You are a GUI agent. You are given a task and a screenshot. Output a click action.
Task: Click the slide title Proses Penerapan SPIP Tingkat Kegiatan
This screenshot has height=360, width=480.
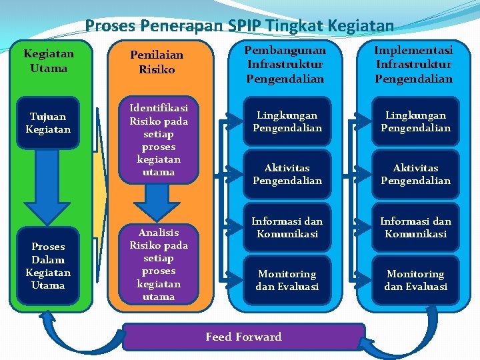239,26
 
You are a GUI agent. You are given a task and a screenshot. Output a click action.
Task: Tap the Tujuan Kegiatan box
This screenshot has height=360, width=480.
48,122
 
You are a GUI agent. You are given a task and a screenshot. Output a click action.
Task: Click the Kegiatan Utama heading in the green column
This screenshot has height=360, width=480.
49,61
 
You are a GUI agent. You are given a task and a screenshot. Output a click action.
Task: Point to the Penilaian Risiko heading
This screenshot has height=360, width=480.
157,63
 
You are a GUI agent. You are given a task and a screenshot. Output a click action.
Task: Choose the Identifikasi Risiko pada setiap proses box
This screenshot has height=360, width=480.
158,140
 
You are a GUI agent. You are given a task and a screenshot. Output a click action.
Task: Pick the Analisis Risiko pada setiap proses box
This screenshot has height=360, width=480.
158,265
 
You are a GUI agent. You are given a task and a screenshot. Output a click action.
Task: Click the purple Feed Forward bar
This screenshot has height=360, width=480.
244,337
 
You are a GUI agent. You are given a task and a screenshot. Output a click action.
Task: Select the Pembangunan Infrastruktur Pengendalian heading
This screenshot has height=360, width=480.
285,65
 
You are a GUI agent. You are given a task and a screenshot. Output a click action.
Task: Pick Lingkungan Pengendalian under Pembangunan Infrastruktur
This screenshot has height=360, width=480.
287,122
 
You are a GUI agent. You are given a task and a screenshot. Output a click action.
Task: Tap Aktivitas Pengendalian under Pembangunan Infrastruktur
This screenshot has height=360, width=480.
287,175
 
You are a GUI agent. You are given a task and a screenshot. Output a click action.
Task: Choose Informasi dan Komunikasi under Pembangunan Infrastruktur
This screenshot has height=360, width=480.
287,228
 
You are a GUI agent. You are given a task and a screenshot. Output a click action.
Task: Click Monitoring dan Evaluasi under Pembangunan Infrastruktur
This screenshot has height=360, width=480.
287,281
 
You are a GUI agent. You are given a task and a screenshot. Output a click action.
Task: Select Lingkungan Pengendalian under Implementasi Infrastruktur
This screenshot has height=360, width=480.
415,122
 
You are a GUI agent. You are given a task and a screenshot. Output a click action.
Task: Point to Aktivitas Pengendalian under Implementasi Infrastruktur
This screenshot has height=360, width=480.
415,175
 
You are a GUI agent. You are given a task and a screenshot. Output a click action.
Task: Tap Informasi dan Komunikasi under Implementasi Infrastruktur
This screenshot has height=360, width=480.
415,228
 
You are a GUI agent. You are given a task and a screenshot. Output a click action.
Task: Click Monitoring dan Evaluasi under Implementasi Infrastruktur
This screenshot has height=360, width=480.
415,281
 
